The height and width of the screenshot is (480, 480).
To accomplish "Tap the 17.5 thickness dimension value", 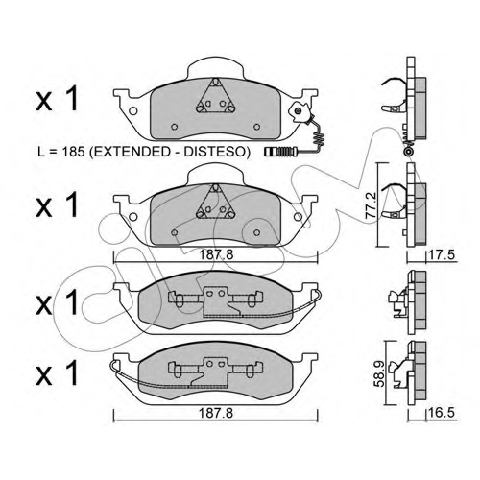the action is [443, 255].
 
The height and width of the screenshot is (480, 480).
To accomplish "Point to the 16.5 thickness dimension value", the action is [443, 413].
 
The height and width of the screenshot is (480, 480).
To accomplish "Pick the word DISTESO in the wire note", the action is [216, 152].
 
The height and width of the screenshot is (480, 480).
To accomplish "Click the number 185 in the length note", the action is [72, 152].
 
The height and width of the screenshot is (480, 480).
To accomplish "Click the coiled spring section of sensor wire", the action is [319, 138].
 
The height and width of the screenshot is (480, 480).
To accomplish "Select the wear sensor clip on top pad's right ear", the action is [299, 111].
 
